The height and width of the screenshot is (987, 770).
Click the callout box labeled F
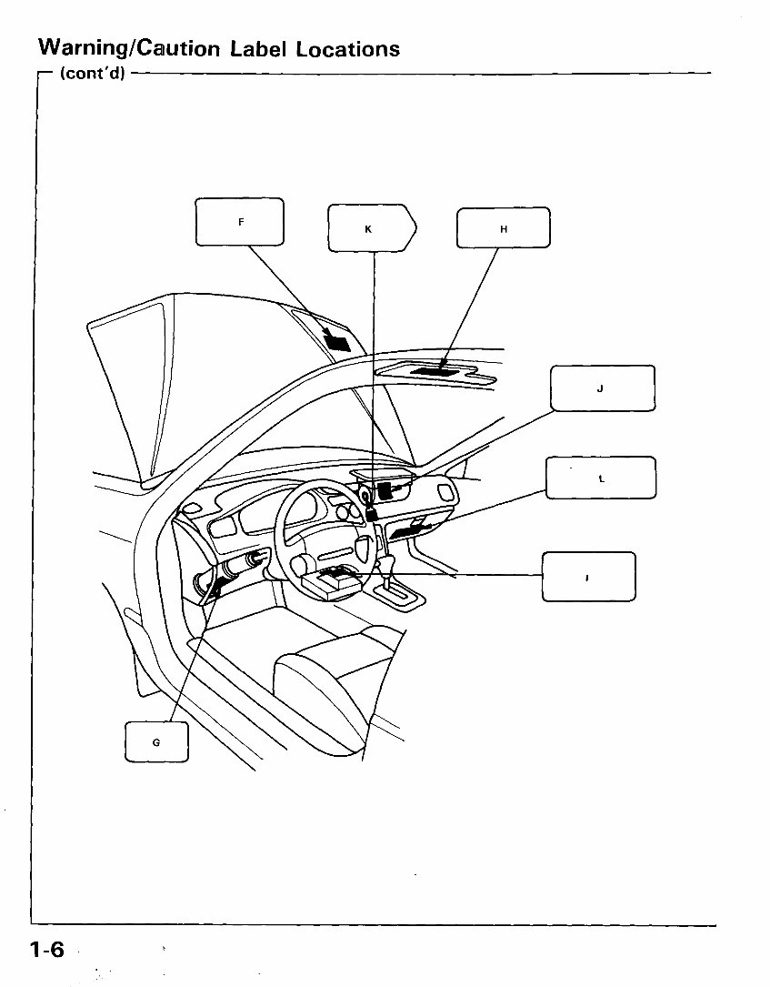[x=240, y=222]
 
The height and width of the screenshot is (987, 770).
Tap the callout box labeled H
[x=503, y=228]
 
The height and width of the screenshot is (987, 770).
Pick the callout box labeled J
[x=602, y=388]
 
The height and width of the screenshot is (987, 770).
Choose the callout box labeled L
[x=600, y=478]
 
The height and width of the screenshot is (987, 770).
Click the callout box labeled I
[x=588, y=577]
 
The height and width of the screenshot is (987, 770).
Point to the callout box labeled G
[x=156, y=741]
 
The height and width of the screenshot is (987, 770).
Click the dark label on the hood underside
[x=335, y=341]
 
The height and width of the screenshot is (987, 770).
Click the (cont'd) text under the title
[x=91, y=73]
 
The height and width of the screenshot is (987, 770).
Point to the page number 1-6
[x=47, y=950]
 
